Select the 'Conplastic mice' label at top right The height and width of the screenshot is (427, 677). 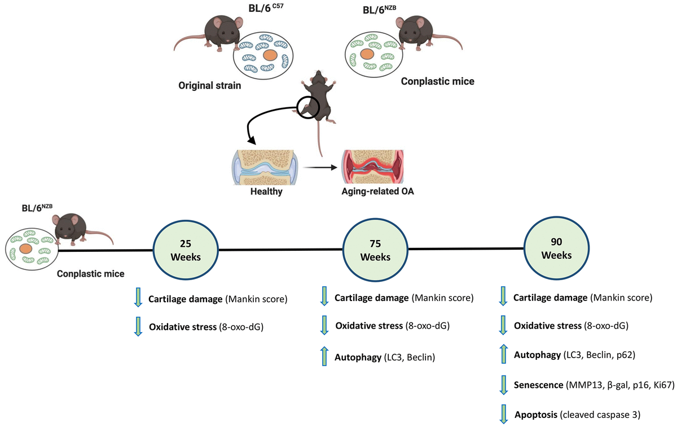437,81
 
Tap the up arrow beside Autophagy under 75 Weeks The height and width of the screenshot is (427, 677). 324,357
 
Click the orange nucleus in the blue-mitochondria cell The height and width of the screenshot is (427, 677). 270,55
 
